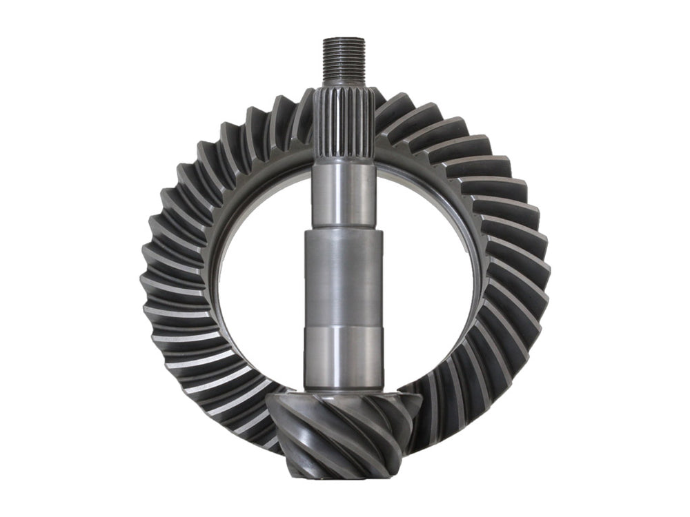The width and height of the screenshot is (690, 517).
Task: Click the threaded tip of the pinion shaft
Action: click(x=344, y=61)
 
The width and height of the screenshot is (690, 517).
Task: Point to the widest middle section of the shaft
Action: click(x=343, y=276)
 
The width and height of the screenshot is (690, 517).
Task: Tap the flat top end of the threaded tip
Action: click(x=344, y=39)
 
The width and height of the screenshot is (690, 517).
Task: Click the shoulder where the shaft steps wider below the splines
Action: click(x=343, y=230)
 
